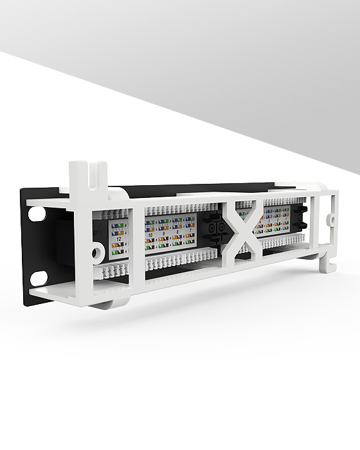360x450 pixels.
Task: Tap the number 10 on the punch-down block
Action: pos(150,236)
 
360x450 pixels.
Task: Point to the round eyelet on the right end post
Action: pos(333,219)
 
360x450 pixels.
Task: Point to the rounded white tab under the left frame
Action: pos(115,300)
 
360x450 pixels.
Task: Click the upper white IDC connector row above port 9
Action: pos(170,210)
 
